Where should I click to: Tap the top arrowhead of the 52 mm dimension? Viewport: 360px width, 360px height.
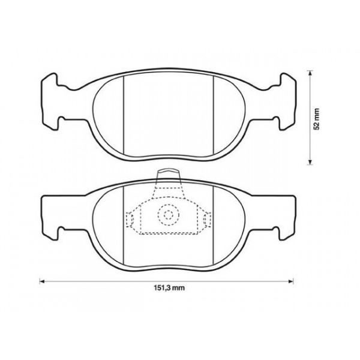point(310,72)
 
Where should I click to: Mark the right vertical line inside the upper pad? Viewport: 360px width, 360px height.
point(215,114)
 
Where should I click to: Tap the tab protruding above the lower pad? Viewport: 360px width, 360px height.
point(168,178)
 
